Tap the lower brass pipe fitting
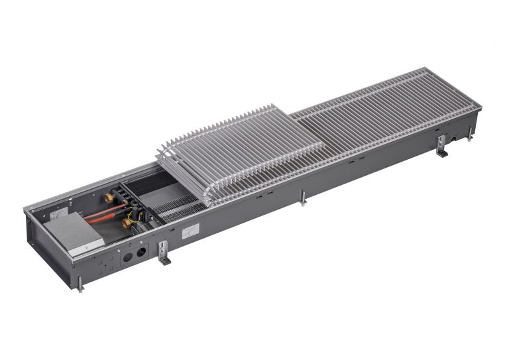click(x=126, y=223)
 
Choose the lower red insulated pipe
click(x=106, y=221)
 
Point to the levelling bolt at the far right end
click(x=469, y=135)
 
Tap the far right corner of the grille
click(x=479, y=106)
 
